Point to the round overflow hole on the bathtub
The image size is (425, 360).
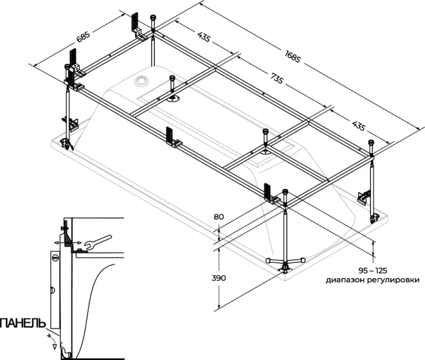[x=143, y=80]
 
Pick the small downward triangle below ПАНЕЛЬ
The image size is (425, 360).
[x=55, y=346]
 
